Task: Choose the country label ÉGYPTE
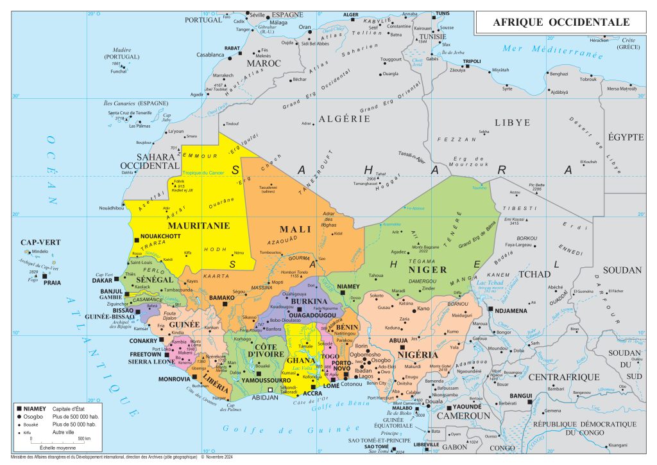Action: [x=626, y=137]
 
